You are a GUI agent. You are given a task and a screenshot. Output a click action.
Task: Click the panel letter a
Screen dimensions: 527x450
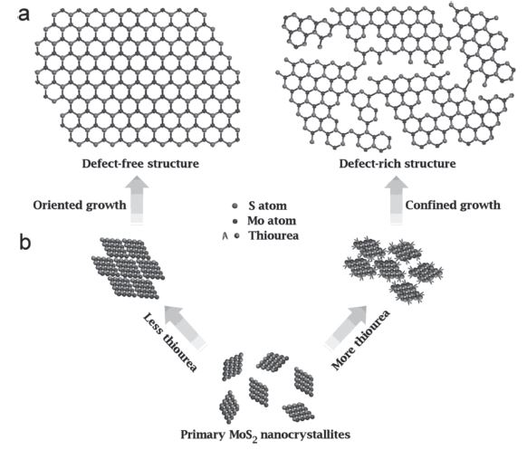click(24, 15)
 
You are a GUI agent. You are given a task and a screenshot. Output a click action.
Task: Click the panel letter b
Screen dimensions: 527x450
click(25, 242)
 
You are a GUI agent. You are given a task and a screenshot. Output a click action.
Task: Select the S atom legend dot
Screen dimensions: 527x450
click(235, 206)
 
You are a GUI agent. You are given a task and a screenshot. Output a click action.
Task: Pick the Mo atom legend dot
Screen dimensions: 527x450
click(235, 221)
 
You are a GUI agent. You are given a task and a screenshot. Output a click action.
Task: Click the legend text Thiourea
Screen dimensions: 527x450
click(273, 235)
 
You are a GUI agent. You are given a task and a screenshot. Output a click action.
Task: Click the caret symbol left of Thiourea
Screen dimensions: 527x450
click(225, 236)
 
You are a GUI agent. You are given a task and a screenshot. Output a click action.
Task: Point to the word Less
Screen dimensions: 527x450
click(153, 323)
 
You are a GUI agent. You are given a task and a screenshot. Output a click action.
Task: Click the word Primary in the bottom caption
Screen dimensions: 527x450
click(203, 435)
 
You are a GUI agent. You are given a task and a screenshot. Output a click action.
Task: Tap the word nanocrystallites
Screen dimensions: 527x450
click(305, 435)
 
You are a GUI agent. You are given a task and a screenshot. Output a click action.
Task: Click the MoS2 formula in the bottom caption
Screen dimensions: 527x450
click(244, 436)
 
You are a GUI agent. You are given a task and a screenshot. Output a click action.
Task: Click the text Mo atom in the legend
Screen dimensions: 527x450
click(272, 221)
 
